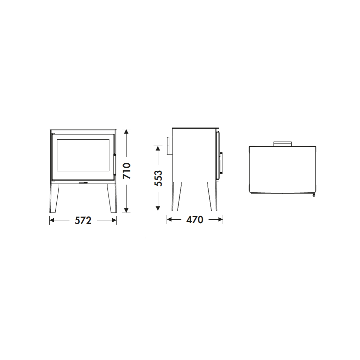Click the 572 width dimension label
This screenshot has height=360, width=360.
83,220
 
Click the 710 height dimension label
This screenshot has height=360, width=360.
126,171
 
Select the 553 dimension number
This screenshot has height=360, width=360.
158,178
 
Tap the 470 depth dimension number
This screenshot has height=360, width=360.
195,220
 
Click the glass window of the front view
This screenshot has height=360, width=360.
83,155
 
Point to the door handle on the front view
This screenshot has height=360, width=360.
114,165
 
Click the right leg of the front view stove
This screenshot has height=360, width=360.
112,198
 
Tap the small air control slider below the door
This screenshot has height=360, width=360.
83,183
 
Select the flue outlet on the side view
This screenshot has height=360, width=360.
169,146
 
